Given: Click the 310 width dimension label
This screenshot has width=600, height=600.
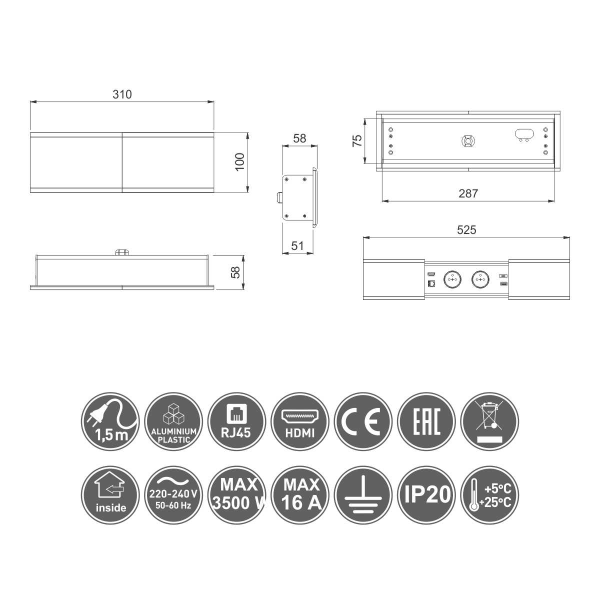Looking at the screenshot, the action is pos(122,94).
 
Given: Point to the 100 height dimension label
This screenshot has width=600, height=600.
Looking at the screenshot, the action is pos(240,161).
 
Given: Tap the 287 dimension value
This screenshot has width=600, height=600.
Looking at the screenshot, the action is pos(468,193).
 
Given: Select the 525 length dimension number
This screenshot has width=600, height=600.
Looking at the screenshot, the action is pos(466,230).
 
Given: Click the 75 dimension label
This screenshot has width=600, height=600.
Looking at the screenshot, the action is pos(357,140).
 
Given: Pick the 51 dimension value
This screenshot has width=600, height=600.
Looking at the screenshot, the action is pos(297,246).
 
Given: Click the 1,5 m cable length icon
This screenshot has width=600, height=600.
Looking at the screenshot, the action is pos(110,421).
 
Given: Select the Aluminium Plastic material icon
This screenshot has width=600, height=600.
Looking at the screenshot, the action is pos(173,421).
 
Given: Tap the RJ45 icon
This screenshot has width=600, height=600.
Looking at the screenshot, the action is pos(237,421).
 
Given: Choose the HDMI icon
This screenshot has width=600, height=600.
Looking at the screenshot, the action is pos(300,421).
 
